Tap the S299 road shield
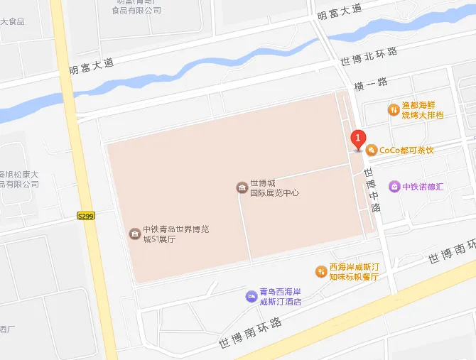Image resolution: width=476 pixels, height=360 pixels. pos(86,215)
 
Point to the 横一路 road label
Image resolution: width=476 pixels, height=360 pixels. pos(372,83)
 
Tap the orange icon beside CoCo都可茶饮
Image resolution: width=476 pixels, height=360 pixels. pos(371,150)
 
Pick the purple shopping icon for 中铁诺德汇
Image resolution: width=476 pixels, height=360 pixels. pos(394,187)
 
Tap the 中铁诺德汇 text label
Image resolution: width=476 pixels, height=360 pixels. pos(423,187)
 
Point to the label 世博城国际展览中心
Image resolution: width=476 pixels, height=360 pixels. pos(274,187)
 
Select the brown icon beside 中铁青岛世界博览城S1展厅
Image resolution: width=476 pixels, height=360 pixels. pos(134,234)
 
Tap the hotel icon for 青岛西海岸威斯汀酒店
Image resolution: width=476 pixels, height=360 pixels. pos(251,296)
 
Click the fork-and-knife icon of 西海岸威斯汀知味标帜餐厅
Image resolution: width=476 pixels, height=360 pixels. pos(321,272)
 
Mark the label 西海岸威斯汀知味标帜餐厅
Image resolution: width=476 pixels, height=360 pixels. pos(355,272)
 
